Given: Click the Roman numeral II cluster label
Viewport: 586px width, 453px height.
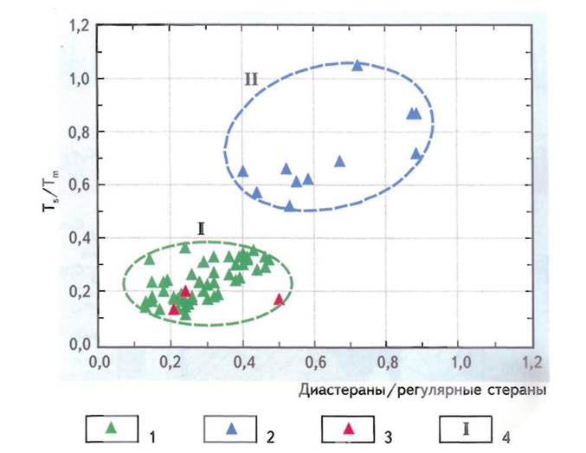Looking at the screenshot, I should (250, 80).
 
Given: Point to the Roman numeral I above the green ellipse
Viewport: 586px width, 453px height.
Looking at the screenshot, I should (201, 230).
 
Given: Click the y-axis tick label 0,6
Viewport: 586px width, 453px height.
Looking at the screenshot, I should (79, 185).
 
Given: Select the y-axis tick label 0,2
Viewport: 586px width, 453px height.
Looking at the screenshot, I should (79, 291).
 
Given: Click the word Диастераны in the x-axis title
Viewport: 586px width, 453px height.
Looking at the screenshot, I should (344, 392).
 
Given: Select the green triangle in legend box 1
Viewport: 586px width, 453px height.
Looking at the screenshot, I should (110, 427).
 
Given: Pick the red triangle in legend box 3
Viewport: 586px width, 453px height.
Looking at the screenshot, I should (349, 427).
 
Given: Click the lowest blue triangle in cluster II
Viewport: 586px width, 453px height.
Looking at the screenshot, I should (290, 206).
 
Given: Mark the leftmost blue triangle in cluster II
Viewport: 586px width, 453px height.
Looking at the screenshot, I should (243, 171).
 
